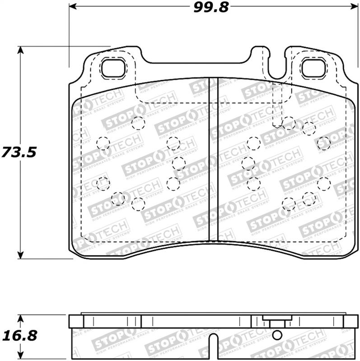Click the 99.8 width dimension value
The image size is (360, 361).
click(212, 7)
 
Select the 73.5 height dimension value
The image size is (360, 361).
click(18, 153)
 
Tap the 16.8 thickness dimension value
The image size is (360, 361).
click(18, 336)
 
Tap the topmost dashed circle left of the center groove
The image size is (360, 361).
click(137, 123)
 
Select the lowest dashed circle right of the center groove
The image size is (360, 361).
click(288, 204)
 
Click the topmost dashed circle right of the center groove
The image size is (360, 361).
click(289, 122)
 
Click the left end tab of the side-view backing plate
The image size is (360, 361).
click(77, 321)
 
